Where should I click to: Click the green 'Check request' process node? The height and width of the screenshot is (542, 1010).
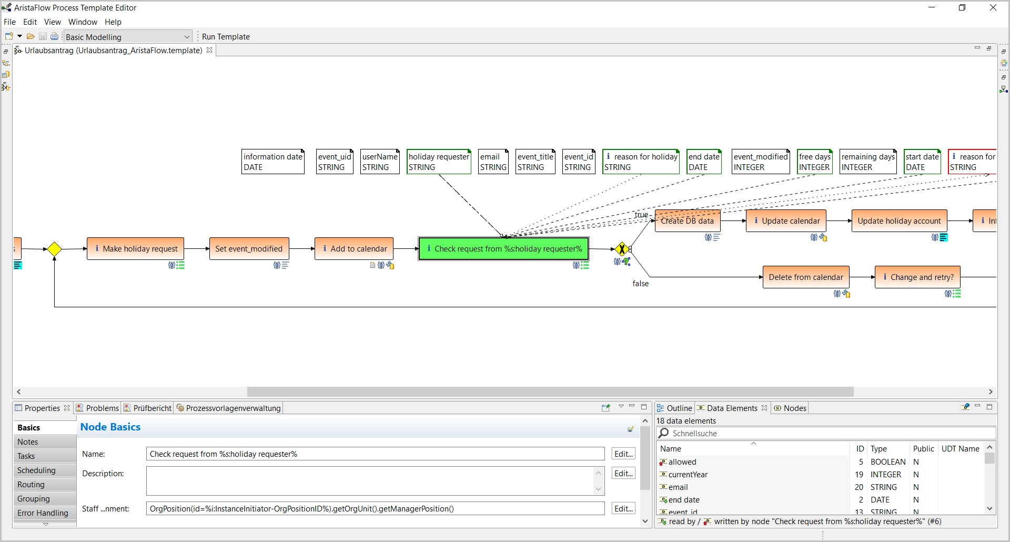503,249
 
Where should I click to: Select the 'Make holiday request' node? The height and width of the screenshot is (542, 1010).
135,249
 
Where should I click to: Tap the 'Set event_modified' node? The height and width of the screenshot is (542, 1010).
249,249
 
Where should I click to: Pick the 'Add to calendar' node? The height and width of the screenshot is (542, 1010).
354,249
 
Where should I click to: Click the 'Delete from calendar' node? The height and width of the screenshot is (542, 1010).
806,277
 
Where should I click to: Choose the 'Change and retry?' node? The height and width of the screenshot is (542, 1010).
918,277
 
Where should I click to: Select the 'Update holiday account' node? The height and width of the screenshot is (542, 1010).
899,221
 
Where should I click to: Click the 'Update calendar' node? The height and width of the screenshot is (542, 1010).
786,221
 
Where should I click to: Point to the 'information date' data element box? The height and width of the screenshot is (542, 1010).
273,162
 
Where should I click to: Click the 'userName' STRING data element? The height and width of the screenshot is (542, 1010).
380,162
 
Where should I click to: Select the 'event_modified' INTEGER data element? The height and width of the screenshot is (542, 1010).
761,162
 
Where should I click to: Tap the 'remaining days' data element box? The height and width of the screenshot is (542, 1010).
868,162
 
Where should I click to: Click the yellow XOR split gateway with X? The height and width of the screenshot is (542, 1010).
622,249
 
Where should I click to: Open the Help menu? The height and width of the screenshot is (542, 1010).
113,22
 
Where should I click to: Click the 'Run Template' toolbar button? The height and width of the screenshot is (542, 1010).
226,37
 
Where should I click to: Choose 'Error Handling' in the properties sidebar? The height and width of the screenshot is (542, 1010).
43,513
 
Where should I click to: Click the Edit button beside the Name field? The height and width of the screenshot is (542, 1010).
623,454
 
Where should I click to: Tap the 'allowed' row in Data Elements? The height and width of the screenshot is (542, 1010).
682,462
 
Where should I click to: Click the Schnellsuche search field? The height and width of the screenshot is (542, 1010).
826,434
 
